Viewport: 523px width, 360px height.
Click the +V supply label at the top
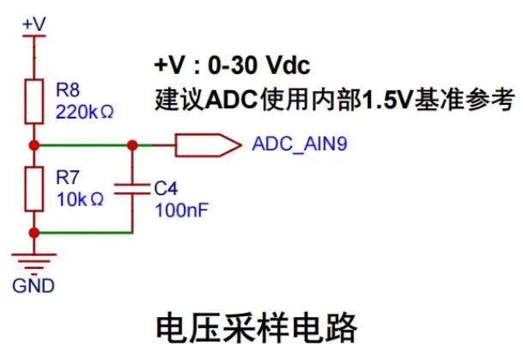pyautogui.click(x=33, y=23)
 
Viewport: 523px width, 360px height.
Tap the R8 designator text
pyautogui.click(x=67, y=89)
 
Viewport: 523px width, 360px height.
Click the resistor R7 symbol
pyautogui.click(x=33, y=189)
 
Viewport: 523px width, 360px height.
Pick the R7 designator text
pyautogui.click(x=67, y=177)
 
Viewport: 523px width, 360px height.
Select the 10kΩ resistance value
pyautogui.click(x=79, y=198)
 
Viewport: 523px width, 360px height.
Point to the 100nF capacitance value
pyautogui.click(x=177, y=209)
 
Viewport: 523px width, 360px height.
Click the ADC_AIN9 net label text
pyautogui.click(x=301, y=144)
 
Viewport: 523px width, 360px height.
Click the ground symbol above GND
pyautogui.click(x=33, y=259)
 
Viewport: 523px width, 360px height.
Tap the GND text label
pyautogui.click(x=33, y=284)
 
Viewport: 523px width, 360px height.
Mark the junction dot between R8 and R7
pyautogui.click(x=33, y=144)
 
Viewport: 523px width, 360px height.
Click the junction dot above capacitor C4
pyautogui.click(x=132, y=144)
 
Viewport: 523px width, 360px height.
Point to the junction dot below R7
pyautogui.click(x=33, y=232)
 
